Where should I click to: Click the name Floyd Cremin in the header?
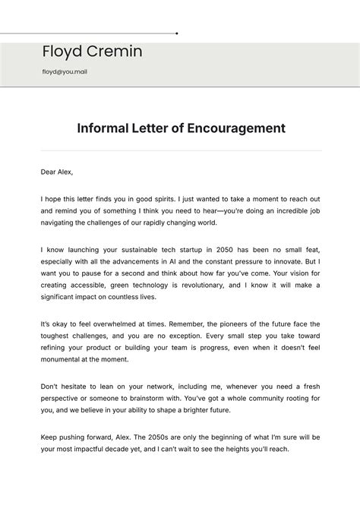coord(92,52)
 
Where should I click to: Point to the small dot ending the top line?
coord(177,33)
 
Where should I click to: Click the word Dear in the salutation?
coord(49,172)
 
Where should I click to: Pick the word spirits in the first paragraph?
coord(164,197)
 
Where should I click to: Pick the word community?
coord(263,399)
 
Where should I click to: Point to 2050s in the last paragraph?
coord(149,437)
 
